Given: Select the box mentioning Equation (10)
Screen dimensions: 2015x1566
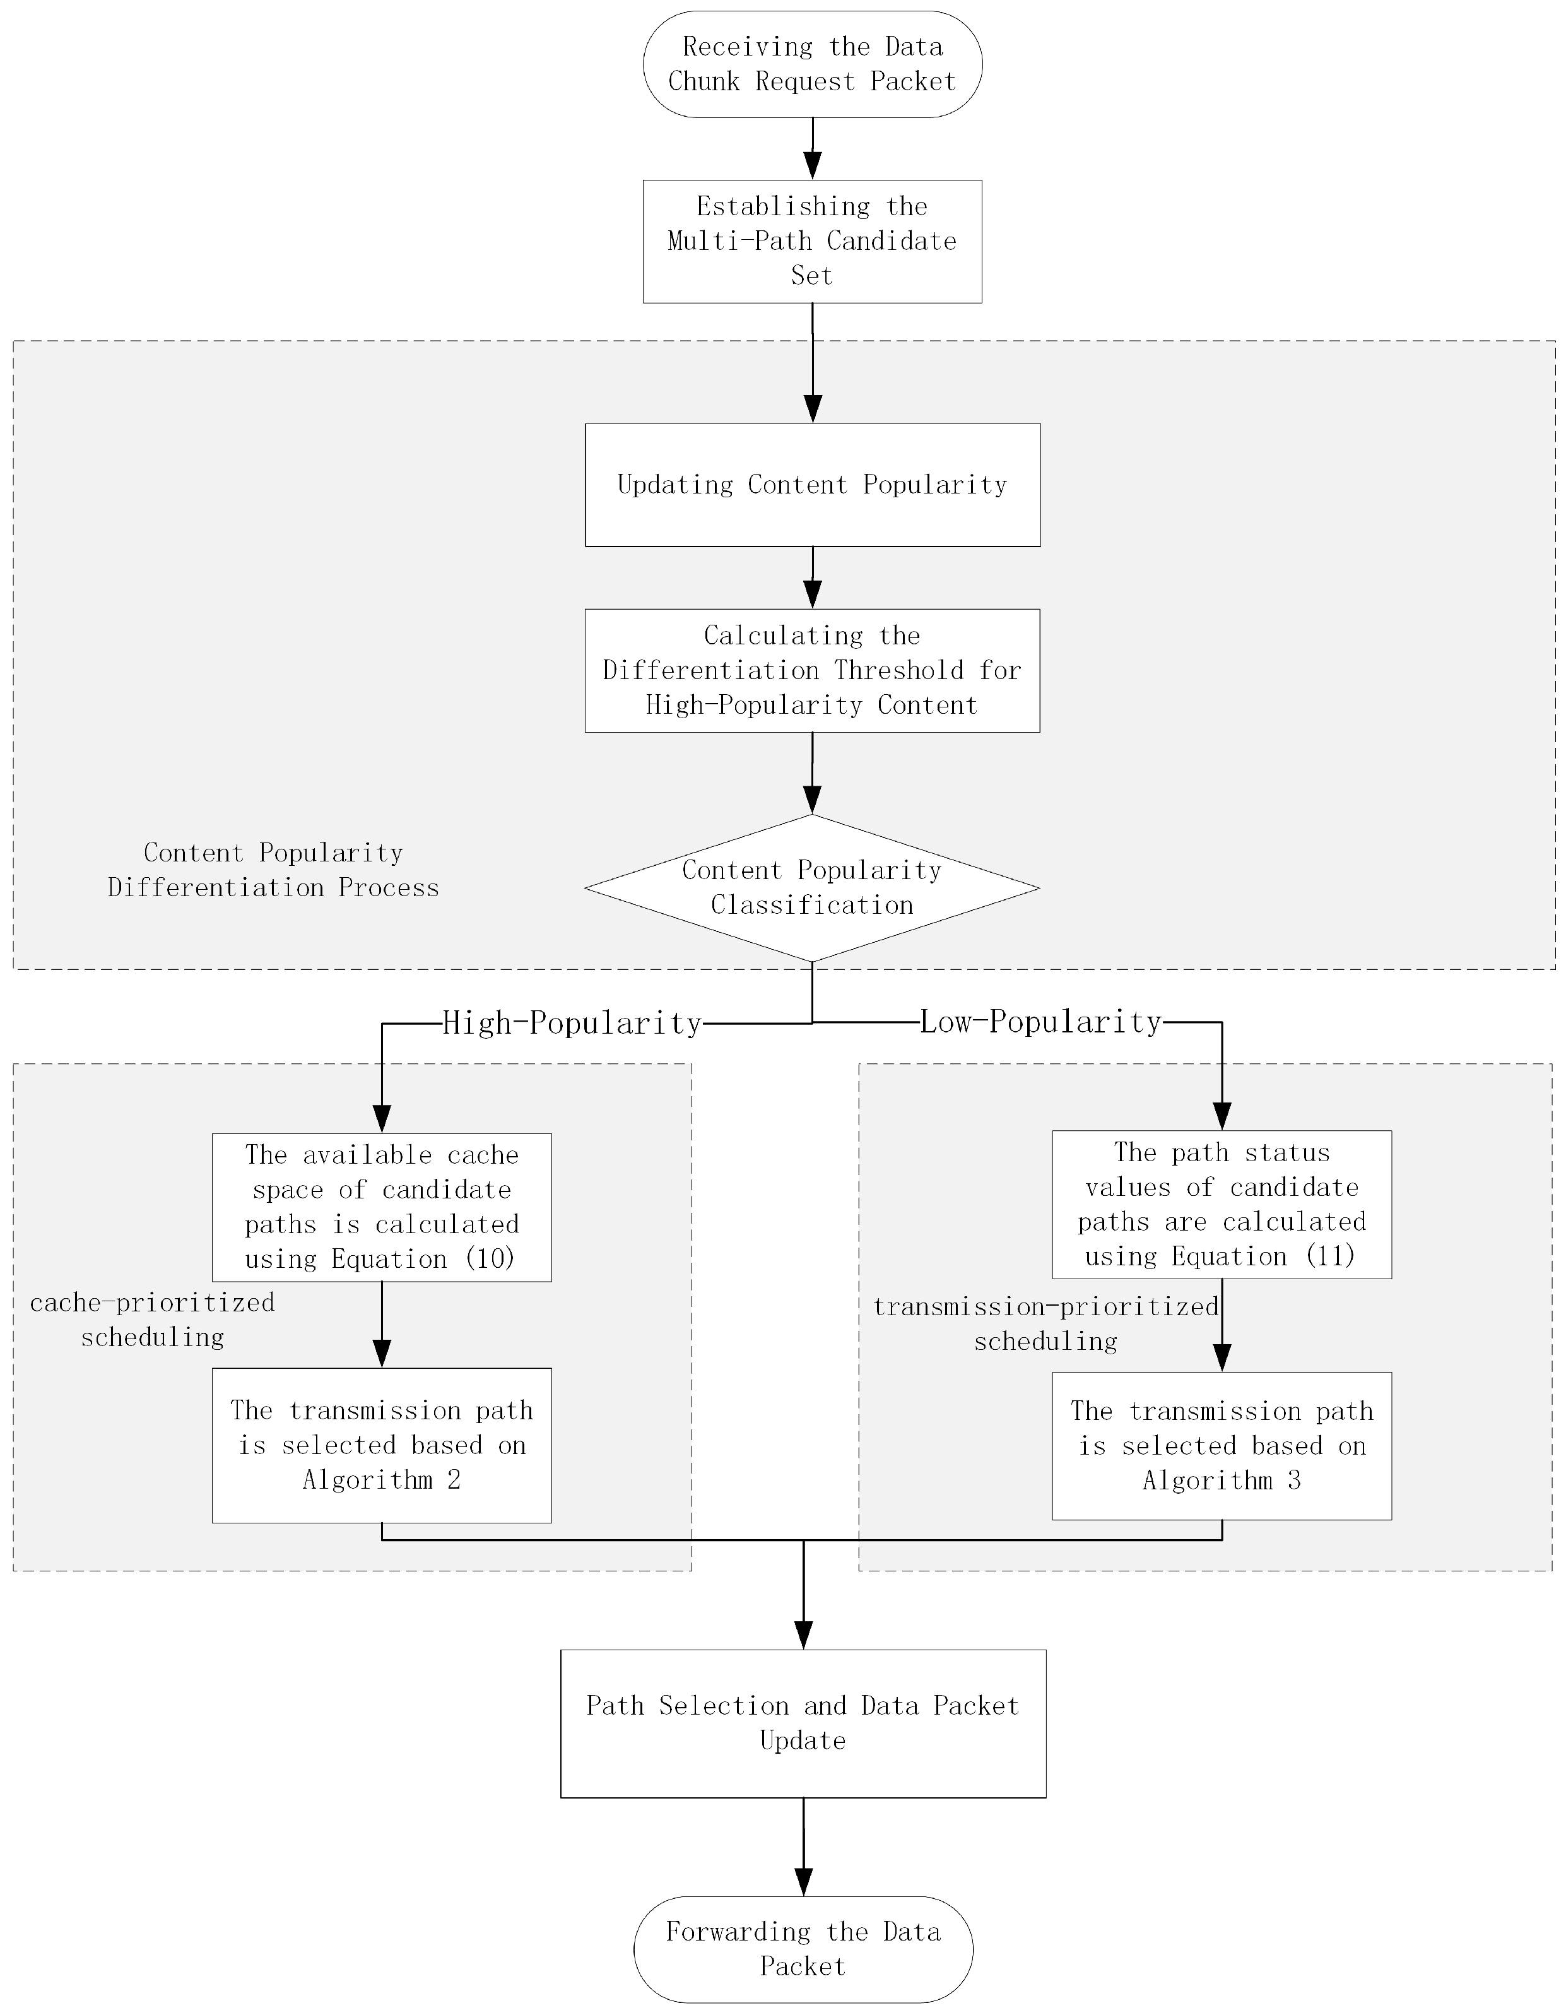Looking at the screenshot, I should pyautogui.click(x=382, y=1207).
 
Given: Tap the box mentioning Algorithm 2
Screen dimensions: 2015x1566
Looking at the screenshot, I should pyautogui.click(x=382, y=1445).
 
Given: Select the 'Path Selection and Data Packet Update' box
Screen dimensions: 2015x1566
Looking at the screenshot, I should pyautogui.click(x=803, y=1723).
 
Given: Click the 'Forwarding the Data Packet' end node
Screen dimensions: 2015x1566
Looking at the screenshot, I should pyautogui.click(x=803, y=1949).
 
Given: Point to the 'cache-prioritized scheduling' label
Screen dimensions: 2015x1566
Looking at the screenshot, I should pyautogui.click(x=152, y=1320).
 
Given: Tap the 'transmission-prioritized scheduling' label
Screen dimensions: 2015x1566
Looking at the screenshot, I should pyautogui.click(x=1046, y=1323).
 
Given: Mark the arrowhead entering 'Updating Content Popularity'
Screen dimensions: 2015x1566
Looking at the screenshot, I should pyautogui.click(x=813, y=410).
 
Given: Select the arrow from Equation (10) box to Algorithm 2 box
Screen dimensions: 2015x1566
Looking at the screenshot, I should pyautogui.click(x=382, y=1325).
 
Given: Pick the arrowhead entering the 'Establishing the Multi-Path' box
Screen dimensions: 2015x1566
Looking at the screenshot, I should pyautogui.click(x=813, y=166).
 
